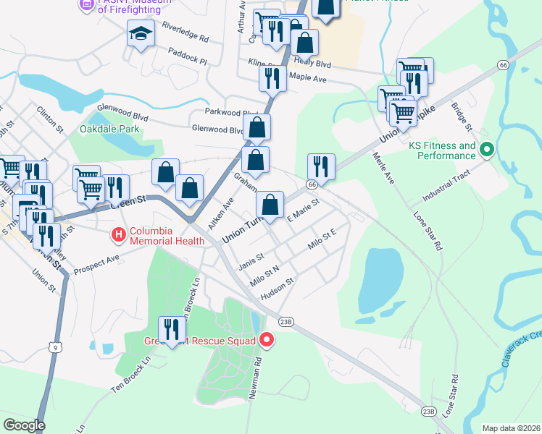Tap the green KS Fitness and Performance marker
pos(487,150)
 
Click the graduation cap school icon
pos(140,33)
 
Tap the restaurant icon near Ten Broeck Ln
pos(171,329)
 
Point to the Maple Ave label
pos(309,77)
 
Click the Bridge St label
pos(462,116)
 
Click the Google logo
pos(24,425)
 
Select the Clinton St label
pos(50,116)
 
